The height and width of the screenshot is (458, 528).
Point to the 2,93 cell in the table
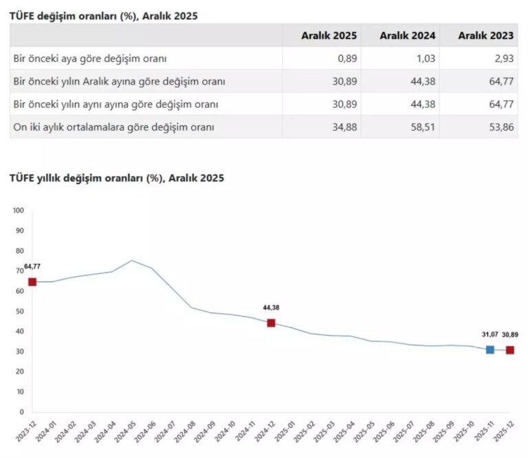tap(503, 58)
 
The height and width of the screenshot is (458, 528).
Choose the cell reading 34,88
tap(343, 127)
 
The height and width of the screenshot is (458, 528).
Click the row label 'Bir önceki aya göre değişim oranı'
tap(90, 58)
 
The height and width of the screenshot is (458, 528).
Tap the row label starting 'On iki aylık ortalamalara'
tap(114, 127)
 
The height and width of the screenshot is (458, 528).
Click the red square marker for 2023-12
tap(32, 282)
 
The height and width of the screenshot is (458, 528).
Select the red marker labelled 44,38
tap(271, 323)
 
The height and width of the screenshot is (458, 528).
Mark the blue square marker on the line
tap(490, 349)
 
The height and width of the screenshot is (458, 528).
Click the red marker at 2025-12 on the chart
tap(510, 350)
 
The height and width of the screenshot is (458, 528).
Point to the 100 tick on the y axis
tap(19, 210)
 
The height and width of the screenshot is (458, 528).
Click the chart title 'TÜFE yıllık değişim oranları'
tap(116, 177)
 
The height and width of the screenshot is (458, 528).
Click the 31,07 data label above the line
tap(489, 334)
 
